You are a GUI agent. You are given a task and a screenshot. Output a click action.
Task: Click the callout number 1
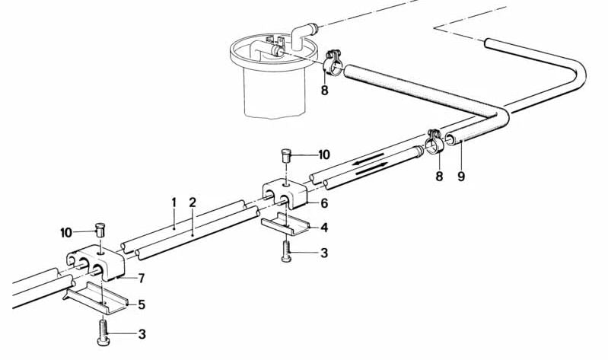pyautogui.click(x=173, y=202)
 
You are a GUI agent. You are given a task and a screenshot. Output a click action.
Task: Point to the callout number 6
pyautogui.click(x=323, y=203)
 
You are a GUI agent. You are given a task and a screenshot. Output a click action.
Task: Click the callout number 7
pyautogui.click(x=141, y=278)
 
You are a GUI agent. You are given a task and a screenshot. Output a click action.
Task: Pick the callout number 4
pyautogui.click(x=324, y=227)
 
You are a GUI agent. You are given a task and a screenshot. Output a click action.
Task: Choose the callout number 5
pyautogui.click(x=140, y=304)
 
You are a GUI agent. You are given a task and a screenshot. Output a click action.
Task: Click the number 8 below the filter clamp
pyautogui.click(x=324, y=89)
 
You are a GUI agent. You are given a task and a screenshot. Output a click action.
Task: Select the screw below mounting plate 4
pyautogui.click(x=285, y=251)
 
